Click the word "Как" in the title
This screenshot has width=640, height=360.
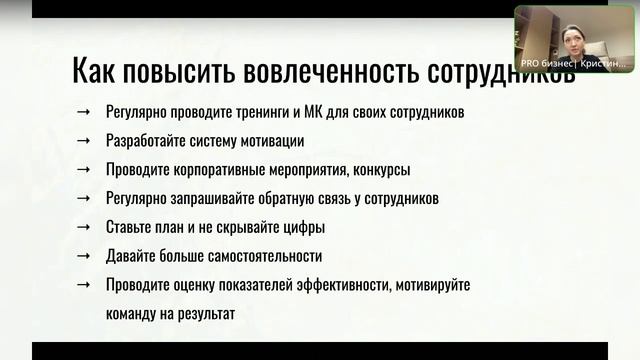[x=96, y=72]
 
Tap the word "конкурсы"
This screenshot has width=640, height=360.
[x=379, y=170]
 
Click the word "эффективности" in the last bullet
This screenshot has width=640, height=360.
[x=343, y=285]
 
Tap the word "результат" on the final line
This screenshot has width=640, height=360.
[x=204, y=313]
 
